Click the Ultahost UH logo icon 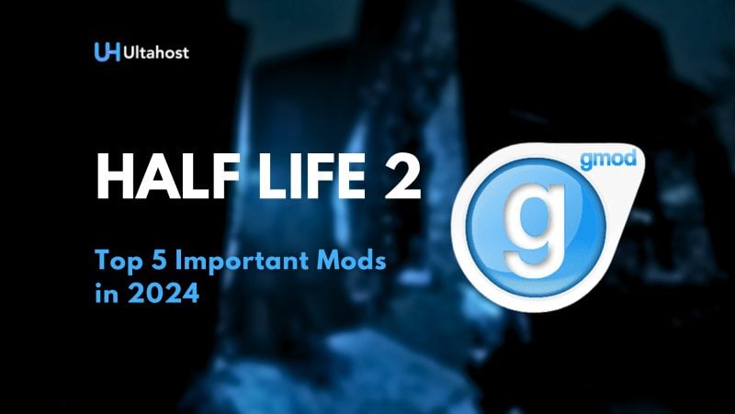coord(104,51)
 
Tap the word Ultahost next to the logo coord(151,51)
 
